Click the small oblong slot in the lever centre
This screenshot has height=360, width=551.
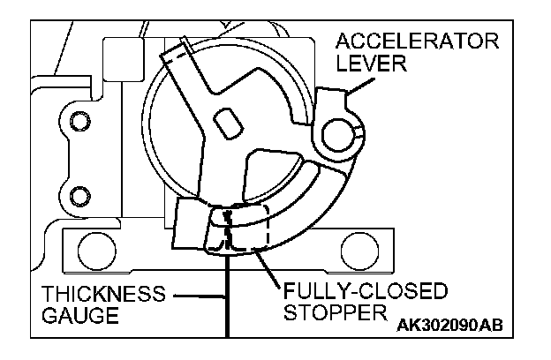(x=228, y=122)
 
